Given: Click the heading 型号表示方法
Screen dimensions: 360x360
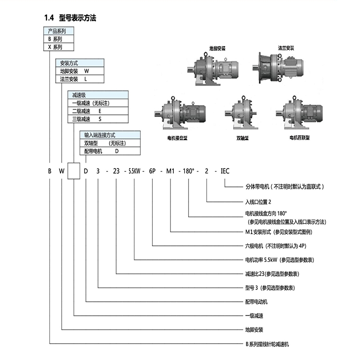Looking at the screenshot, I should coord(77,19).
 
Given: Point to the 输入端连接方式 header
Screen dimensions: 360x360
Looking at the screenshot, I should coord(100,135).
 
